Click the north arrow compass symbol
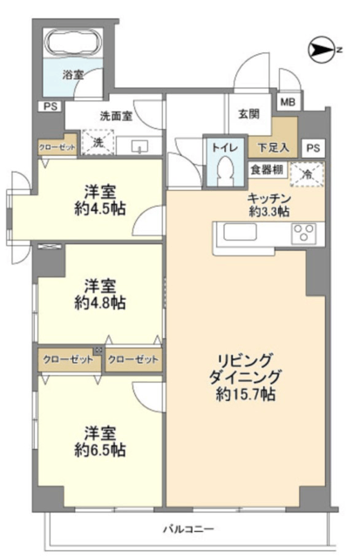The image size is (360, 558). point(322,50)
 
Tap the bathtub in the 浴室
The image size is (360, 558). point(73,43)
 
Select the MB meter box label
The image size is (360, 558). point(288,102)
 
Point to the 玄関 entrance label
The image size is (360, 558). point(248,114)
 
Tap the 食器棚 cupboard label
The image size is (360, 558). point(267,170)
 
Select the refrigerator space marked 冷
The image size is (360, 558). point(307,174)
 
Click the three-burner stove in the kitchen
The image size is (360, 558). point(303,234)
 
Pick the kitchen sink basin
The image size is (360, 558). point(240,232)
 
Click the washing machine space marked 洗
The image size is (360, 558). point(98,142)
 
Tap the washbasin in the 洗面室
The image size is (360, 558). point(139,146)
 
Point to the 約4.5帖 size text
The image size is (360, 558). point(100,208)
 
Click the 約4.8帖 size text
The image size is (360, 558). point(100,303)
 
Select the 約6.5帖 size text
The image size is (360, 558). point(100,450)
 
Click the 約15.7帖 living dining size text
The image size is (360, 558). point(246,394)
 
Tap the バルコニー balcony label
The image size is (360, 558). point(188,528)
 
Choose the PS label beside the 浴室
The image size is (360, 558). point(51,106)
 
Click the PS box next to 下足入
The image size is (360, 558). point(313,147)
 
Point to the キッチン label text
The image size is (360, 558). point(269,199)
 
